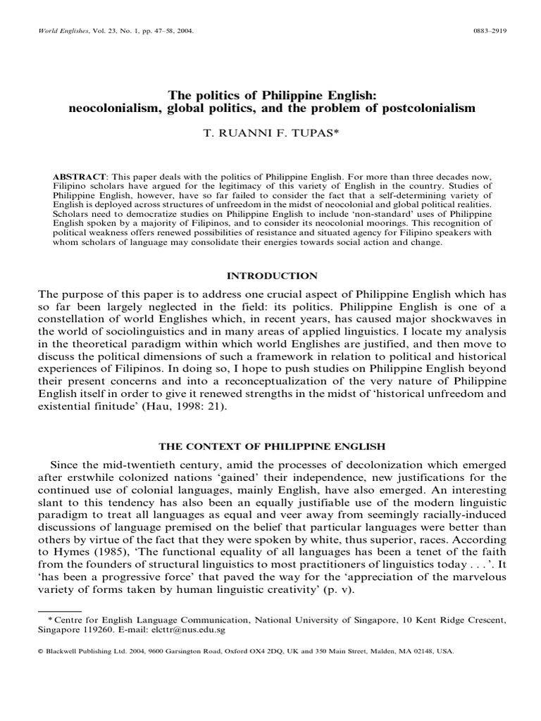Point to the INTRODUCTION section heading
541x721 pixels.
pos(270,275)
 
